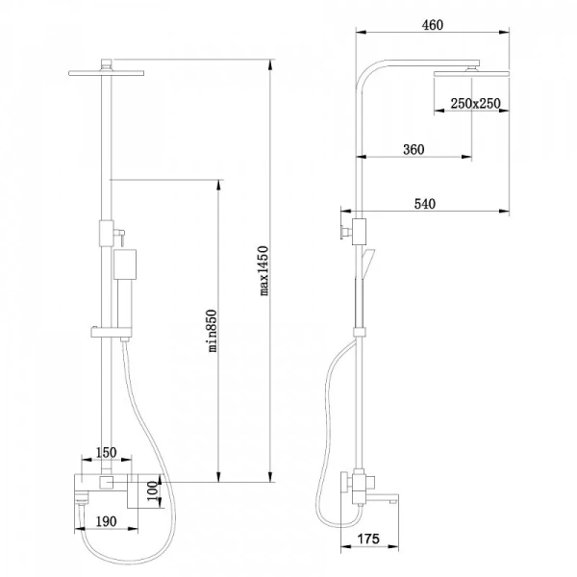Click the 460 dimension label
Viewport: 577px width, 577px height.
point(431,26)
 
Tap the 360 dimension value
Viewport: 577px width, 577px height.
point(414,149)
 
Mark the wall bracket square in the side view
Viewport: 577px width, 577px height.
point(359,231)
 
